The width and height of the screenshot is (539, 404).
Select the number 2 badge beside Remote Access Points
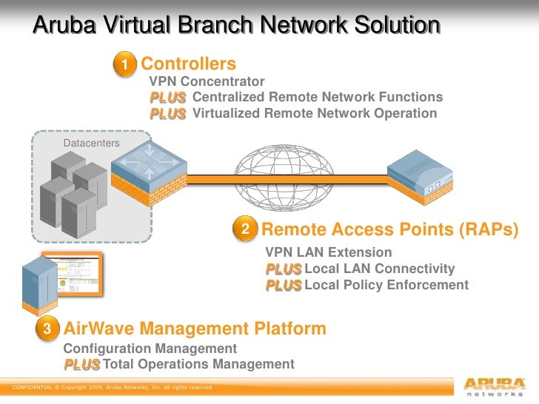[245, 229]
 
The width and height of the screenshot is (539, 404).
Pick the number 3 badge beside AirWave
[47, 328]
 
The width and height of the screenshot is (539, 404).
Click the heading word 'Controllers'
[189, 64]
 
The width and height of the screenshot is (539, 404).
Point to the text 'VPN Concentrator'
[207, 81]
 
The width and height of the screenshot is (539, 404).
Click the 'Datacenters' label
[92, 142]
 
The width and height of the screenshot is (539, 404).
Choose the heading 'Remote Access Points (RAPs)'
[389, 229]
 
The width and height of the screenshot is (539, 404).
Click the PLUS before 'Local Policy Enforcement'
[284, 285]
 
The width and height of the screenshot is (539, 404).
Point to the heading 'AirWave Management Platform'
[195, 328]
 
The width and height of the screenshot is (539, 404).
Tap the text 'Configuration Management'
[150, 349]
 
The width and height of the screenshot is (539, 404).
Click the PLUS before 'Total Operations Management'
[81, 364]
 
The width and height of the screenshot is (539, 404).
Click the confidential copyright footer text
[108, 387]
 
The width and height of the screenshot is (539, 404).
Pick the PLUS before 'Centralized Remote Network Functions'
[167, 97]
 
